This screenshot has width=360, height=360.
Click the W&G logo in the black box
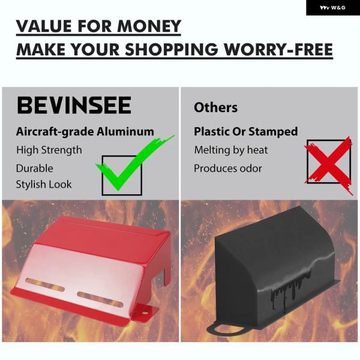click(x=332, y=8)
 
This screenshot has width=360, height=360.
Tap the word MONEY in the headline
click(x=149, y=26)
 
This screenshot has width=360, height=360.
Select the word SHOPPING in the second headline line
click(x=171, y=49)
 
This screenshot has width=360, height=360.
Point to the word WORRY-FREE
click(x=278, y=49)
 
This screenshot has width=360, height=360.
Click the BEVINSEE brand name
click(x=74, y=106)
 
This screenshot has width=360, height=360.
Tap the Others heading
click(x=215, y=107)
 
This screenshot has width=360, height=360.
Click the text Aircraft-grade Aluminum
click(x=85, y=132)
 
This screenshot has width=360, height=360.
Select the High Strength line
click(x=49, y=151)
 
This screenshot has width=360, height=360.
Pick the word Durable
click(x=34, y=168)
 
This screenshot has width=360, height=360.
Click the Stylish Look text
click(x=44, y=184)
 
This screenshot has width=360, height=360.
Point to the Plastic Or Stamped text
click(x=245, y=132)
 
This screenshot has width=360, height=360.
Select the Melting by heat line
click(x=231, y=151)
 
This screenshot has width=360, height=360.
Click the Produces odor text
click(x=227, y=168)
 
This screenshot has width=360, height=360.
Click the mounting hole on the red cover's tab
click(x=145, y=313)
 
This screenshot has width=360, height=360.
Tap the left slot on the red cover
click(x=45, y=284)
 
